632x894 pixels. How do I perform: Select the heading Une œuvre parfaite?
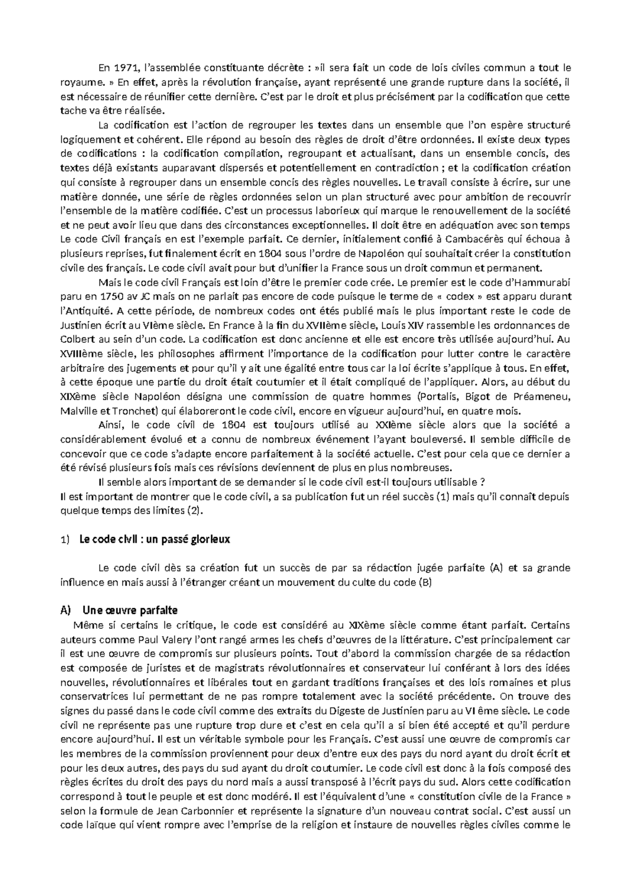pos(130,610)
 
